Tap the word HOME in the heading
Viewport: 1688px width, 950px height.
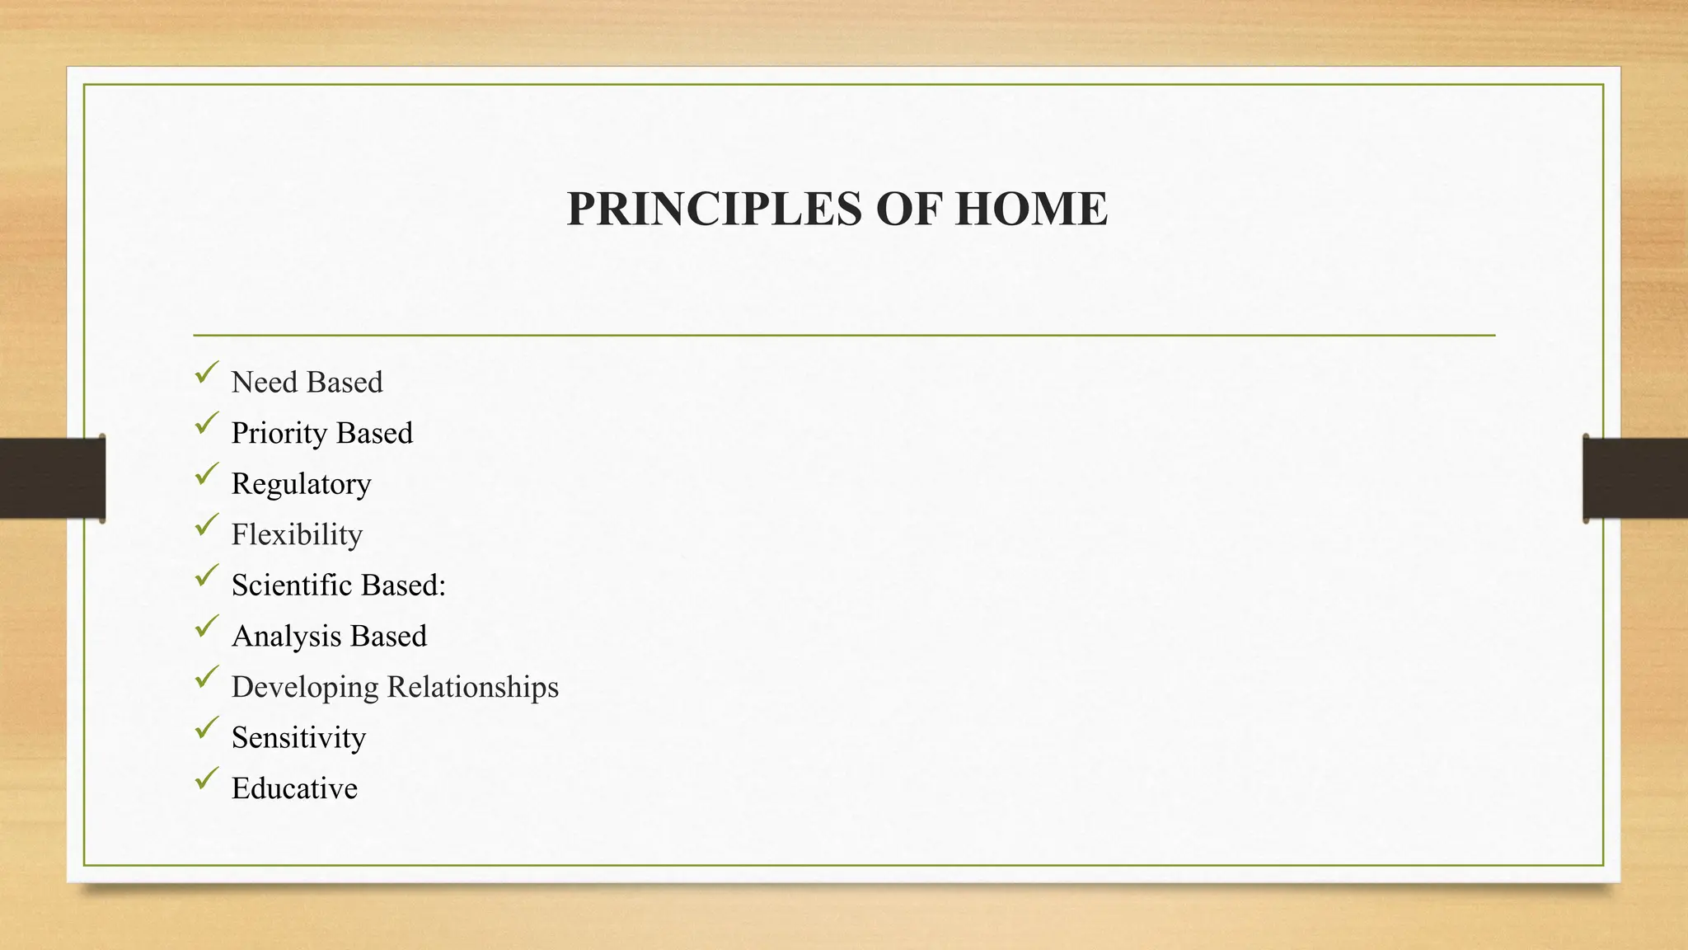(x=1031, y=209)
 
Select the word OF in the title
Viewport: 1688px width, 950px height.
(x=909, y=209)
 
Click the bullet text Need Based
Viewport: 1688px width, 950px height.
(x=307, y=383)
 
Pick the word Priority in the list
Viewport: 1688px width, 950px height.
(x=279, y=434)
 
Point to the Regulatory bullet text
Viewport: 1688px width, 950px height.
(x=301, y=484)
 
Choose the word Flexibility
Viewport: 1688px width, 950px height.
(x=297, y=535)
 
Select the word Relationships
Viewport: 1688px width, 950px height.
(x=472, y=687)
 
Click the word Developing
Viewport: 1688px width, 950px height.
(x=305, y=687)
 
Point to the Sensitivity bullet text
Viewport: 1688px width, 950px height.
(x=298, y=738)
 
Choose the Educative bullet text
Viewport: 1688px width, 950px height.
(x=294, y=788)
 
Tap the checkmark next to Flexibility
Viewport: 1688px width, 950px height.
(x=207, y=524)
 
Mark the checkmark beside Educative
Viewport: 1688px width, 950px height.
(x=207, y=778)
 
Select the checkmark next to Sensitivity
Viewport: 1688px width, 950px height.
(x=207, y=727)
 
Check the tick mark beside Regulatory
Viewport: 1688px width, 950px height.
(x=207, y=474)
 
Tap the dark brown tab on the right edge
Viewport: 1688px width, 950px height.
(x=1635, y=478)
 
